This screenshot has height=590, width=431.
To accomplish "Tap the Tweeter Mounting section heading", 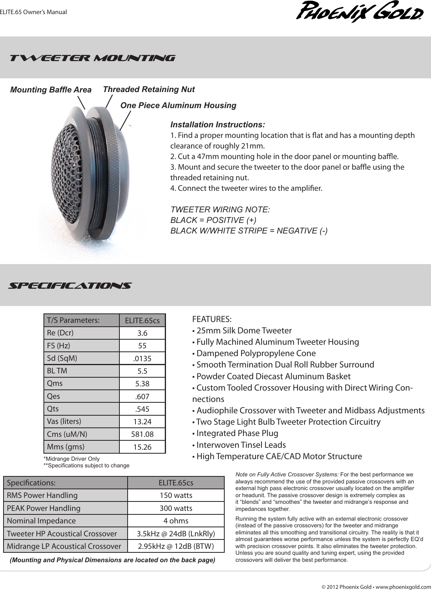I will click(92, 58).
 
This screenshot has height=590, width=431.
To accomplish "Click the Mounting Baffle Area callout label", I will click(50, 90).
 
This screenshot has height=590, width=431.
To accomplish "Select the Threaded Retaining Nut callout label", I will click(148, 89).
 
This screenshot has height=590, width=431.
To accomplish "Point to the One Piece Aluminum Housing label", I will click(178, 105).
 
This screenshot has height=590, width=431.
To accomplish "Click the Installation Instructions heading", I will click(218, 125).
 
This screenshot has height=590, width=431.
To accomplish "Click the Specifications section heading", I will click(70, 285).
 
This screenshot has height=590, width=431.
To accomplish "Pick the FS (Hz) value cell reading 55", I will click(142, 346).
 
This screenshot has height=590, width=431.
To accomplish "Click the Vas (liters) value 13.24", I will click(142, 422).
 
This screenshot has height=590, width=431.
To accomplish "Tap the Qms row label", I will click(55, 384).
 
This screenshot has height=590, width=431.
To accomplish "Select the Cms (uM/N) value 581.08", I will click(142, 434).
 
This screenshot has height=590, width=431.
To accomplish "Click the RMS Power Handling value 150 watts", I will click(176, 495).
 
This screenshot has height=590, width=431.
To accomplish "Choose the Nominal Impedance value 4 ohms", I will click(176, 521).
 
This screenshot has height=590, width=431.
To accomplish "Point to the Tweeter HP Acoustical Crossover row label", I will click(62, 534).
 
